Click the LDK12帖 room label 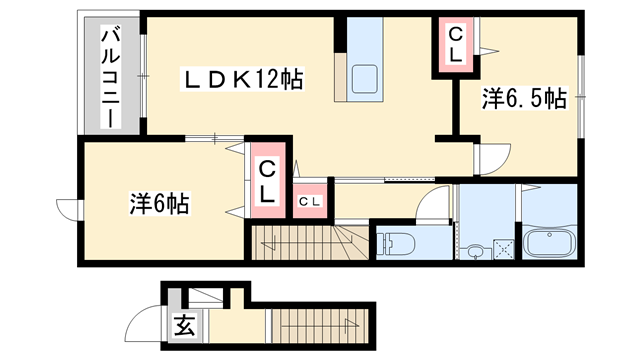point(243,77)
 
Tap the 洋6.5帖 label point(524,99)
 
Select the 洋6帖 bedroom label point(160,202)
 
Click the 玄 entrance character point(184,326)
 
